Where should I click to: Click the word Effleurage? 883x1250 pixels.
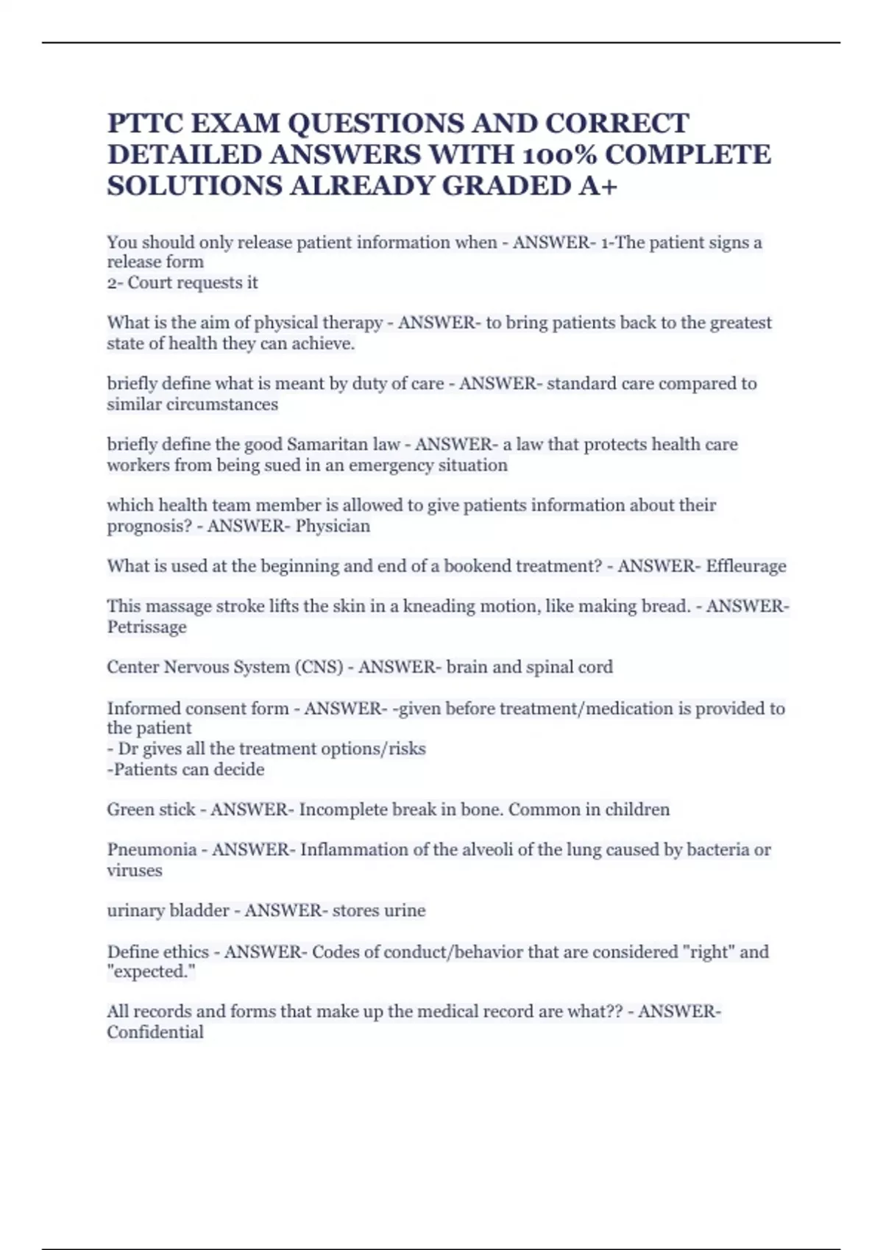click(x=746, y=566)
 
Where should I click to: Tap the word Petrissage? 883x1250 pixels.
click(x=146, y=627)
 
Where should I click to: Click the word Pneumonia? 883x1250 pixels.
click(x=152, y=850)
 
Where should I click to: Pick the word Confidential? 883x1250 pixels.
click(x=155, y=1032)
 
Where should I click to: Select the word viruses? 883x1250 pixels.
click(x=134, y=871)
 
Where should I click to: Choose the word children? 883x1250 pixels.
click(x=635, y=810)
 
